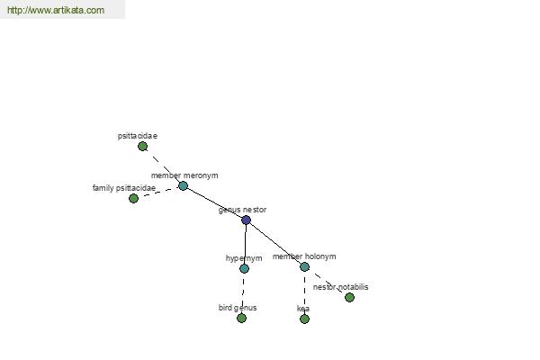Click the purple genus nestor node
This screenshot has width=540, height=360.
click(x=246, y=220)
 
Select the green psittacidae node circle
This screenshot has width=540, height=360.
click(x=142, y=147)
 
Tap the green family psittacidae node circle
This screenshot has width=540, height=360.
click(x=133, y=198)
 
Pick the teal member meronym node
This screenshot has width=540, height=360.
click(x=184, y=186)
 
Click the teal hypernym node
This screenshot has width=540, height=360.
click(x=244, y=268)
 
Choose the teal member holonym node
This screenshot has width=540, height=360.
click(x=304, y=266)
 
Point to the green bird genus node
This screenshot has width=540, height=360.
click(x=242, y=318)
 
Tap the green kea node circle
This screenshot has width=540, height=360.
click(x=304, y=319)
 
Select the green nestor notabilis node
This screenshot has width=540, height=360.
click(x=349, y=297)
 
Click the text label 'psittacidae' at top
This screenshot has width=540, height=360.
click(x=138, y=136)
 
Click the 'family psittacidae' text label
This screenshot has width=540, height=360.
click(x=124, y=188)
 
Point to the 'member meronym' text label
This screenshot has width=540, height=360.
click(x=184, y=175)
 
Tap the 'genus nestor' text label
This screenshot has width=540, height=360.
click(x=242, y=210)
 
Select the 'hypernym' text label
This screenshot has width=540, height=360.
click(x=244, y=258)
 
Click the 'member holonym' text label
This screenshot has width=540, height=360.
click(x=304, y=256)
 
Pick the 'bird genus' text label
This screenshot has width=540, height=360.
click(x=238, y=308)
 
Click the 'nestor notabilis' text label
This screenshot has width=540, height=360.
click(x=340, y=287)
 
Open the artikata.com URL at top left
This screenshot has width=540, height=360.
click(x=56, y=10)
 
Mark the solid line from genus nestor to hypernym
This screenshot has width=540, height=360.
click(x=245, y=244)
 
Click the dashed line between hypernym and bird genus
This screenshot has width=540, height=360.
click(x=243, y=293)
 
